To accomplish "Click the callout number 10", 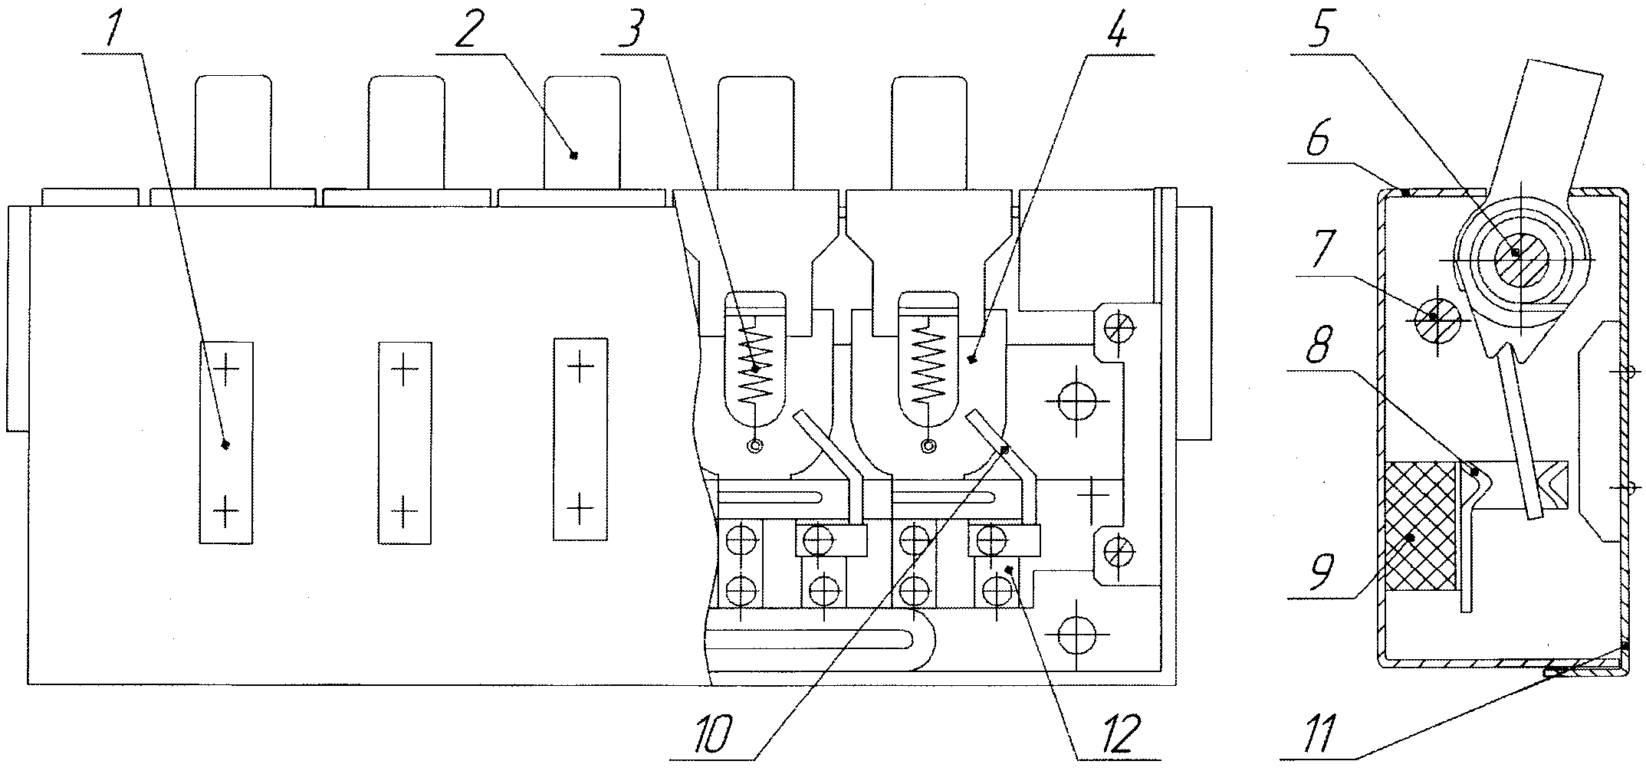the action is (x=712, y=737).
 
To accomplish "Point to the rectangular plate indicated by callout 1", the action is (x=225, y=443).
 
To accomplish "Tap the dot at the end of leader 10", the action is (x=1005, y=450).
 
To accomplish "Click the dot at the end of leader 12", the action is (x=1010, y=569).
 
